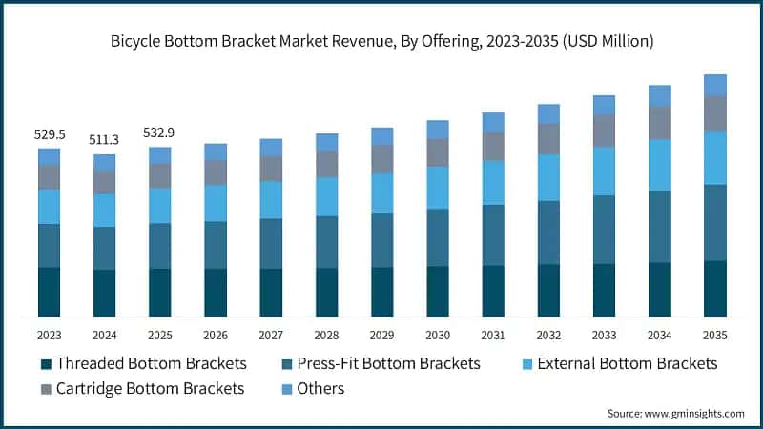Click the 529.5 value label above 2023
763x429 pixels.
coord(50,134)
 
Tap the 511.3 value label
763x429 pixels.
coord(104,140)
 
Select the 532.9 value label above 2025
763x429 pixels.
coord(158,133)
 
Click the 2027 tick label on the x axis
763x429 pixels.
coord(271,336)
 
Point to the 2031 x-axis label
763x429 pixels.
coord(493,336)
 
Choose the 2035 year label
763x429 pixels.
coord(714,336)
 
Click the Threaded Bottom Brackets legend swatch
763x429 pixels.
coord(46,364)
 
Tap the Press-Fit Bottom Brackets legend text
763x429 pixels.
coord(388,363)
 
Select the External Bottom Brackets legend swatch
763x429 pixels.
coord(527,364)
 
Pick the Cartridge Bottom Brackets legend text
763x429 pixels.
coord(150,388)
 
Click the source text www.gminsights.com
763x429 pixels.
coord(694,414)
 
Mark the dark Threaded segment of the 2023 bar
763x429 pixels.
coord(50,293)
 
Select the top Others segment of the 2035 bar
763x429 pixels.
coord(714,85)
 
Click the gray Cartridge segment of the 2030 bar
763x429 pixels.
coord(438,153)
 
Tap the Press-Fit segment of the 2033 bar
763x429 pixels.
coord(604,230)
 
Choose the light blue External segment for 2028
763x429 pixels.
coord(326,196)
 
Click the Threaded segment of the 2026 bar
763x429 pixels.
coord(216,293)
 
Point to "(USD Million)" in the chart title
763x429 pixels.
coord(608,41)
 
